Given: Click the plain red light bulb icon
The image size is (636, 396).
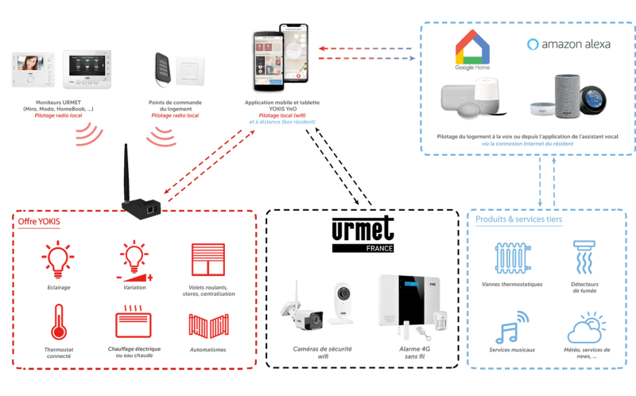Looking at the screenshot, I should pyautogui.click(x=56, y=259).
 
